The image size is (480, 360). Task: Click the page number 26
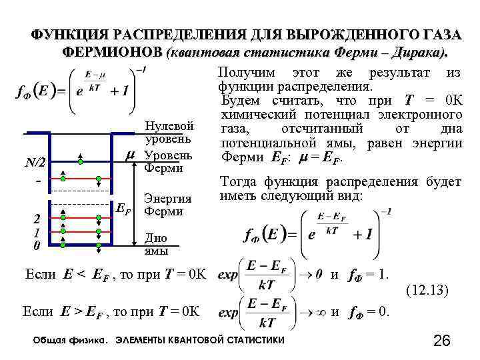point(442,341)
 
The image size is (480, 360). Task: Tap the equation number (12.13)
point(426,291)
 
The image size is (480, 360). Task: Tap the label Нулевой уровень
point(169,133)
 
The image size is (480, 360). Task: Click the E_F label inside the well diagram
point(123,210)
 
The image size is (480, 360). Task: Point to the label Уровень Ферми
point(169,161)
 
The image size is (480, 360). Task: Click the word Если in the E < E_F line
point(39,273)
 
